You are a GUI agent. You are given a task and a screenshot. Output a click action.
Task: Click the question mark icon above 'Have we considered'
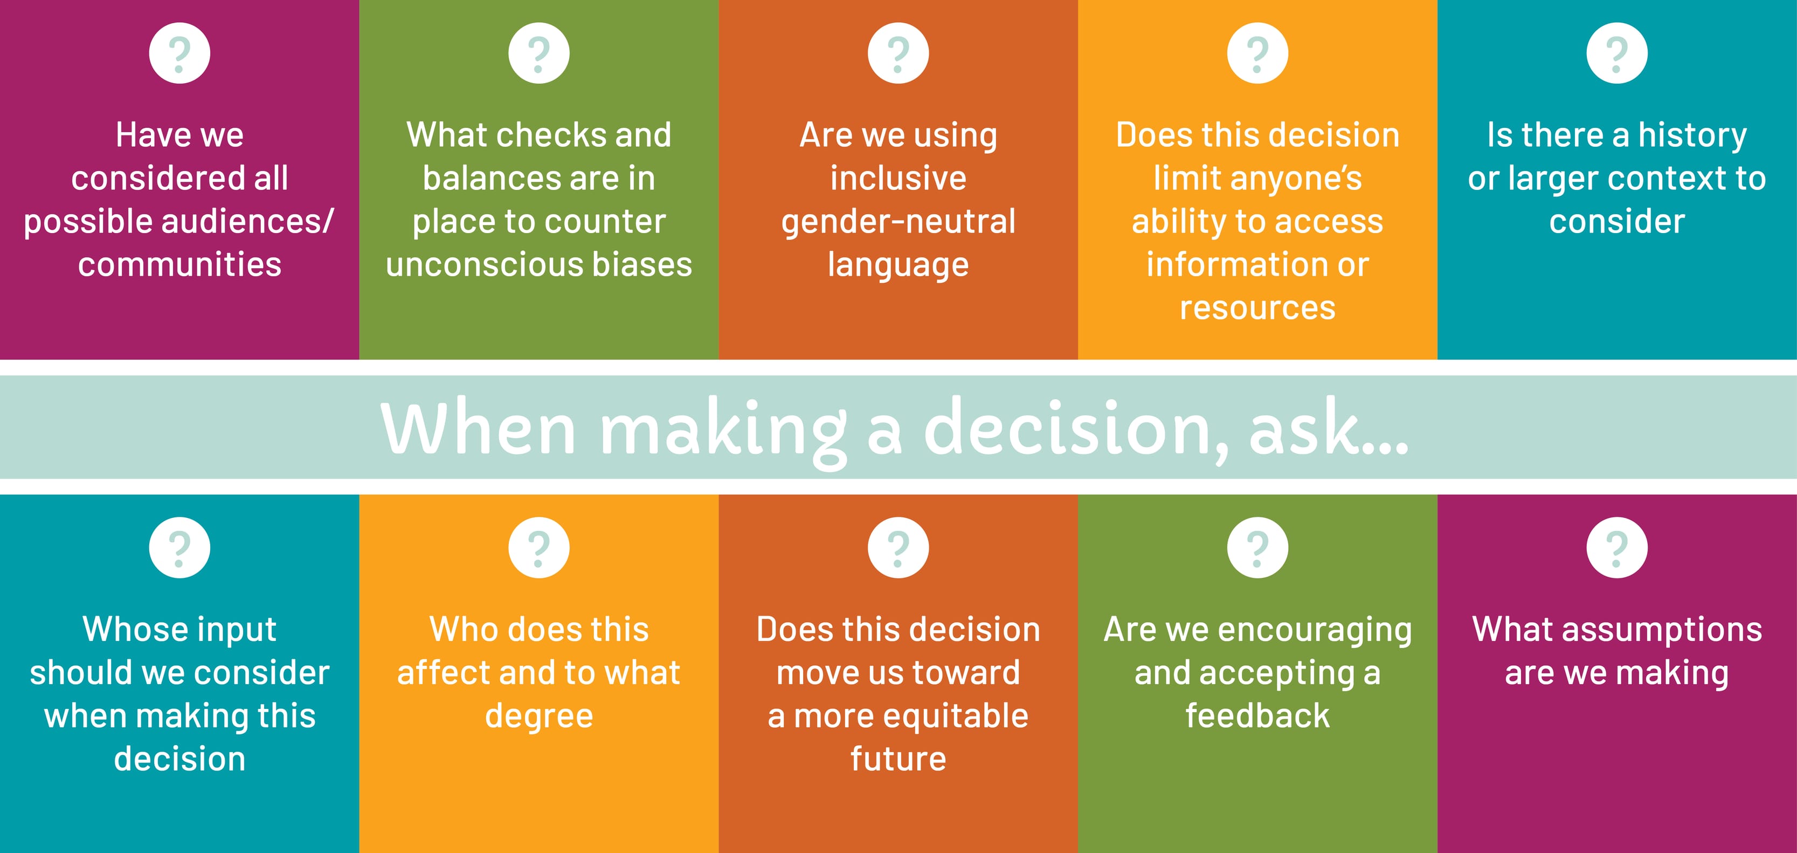tap(179, 53)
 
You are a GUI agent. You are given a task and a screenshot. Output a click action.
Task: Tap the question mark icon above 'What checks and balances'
tap(538, 53)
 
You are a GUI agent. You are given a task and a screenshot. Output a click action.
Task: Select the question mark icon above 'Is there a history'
tap(1617, 53)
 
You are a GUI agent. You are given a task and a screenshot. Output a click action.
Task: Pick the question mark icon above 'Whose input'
tap(179, 547)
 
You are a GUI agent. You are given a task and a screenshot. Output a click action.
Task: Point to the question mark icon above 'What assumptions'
tap(1617, 547)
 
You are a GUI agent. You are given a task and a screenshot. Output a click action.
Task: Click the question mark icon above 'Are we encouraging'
tap(1258, 547)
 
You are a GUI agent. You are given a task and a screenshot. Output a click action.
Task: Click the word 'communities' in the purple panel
tap(179, 264)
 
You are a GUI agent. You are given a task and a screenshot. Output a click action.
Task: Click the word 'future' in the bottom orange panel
tap(898, 759)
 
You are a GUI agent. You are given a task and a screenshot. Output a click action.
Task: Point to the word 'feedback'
tap(1258, 715)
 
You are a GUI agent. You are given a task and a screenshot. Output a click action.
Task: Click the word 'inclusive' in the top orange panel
tap(898, 178)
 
